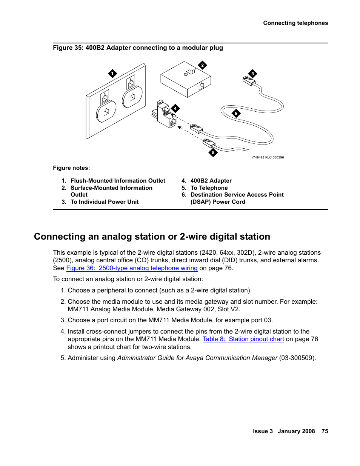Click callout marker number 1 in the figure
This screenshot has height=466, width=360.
112,74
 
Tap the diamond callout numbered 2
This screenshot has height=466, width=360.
202,65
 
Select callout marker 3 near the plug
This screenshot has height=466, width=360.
252,74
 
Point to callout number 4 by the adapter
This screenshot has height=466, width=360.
175,108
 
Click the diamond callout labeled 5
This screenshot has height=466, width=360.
213,152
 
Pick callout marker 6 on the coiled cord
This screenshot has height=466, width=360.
236,113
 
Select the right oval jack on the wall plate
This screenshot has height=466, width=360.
132,97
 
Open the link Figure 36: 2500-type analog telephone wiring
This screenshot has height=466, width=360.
132,268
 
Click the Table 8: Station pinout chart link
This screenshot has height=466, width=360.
243,339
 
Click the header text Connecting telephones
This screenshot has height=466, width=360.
295,23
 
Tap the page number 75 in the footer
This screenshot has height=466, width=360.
325,431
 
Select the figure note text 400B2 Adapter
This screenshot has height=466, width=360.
211,181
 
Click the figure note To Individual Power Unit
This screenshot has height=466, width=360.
105,202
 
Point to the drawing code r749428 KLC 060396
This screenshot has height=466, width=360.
268,157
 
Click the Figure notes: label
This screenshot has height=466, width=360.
71,168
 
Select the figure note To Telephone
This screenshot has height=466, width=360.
209,188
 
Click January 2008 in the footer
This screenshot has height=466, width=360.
296,431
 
